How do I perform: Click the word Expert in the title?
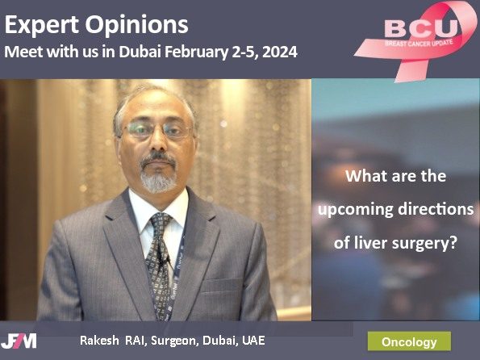(x=42, y=26)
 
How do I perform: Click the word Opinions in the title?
(x=136, y=26)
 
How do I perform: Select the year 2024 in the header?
(x=280, y=52)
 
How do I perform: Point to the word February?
(x=197, y=52)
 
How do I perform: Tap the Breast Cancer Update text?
(x=419, y=43)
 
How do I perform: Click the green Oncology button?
(x=409, y=341)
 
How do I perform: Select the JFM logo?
(x=19, y=341)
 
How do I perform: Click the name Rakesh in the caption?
(x=99, y=341)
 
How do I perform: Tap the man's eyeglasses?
(x=157, y=129)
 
